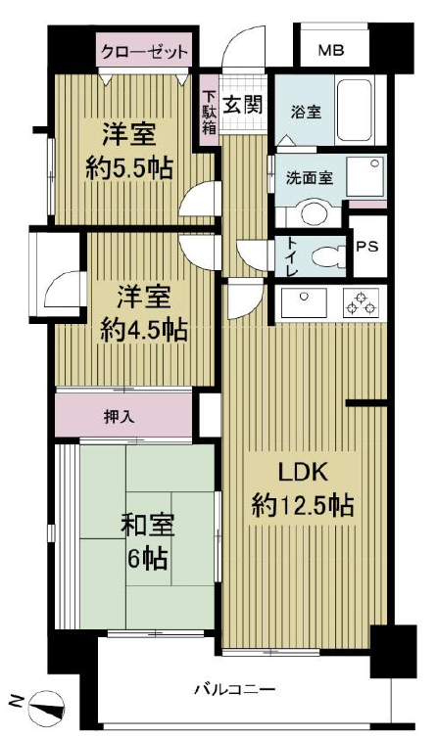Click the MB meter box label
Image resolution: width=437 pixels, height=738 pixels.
(331, 50)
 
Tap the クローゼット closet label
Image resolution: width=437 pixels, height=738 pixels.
(145, 50)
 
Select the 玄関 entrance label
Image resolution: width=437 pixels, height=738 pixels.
(242, 104)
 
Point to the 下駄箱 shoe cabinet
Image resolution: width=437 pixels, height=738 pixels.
(209, 112)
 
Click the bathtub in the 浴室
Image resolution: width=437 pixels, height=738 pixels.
(355, 111)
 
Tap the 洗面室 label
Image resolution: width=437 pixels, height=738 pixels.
(310, 178)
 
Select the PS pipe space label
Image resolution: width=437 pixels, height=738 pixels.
(367, 246)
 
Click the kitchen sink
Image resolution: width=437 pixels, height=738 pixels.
(304, 302)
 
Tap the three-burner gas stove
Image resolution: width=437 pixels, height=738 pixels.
(362, 302)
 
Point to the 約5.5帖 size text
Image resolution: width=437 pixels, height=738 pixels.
(129, 167)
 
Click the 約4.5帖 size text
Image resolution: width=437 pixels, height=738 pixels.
(144, 330)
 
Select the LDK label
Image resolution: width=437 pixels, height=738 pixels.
(303, 473)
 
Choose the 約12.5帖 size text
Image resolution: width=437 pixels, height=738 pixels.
(303, 505)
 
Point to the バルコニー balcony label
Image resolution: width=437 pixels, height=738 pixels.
(235, 689)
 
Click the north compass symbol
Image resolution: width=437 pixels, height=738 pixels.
(46, 704)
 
